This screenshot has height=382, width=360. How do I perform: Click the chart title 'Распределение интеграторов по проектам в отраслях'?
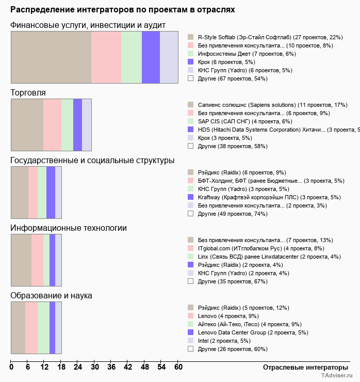(x=123, y=10)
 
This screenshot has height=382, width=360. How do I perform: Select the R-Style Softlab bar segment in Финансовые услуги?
(x=51, y=57)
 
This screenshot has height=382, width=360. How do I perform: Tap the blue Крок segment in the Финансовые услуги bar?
(x=151, y=57)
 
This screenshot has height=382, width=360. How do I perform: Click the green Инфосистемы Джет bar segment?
(x=132, y=57)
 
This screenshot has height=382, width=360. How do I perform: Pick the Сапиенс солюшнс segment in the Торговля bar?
(x=27, y=124)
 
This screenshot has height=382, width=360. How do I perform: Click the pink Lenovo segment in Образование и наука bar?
(x=31, y=328)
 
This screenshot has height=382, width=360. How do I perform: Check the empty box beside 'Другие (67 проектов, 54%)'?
(x=190, y=78)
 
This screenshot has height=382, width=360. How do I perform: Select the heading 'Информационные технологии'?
(x=69, y=228)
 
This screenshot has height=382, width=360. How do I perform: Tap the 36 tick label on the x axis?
(x=111, y=367)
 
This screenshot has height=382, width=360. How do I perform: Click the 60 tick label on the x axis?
(x=178, y=367)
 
